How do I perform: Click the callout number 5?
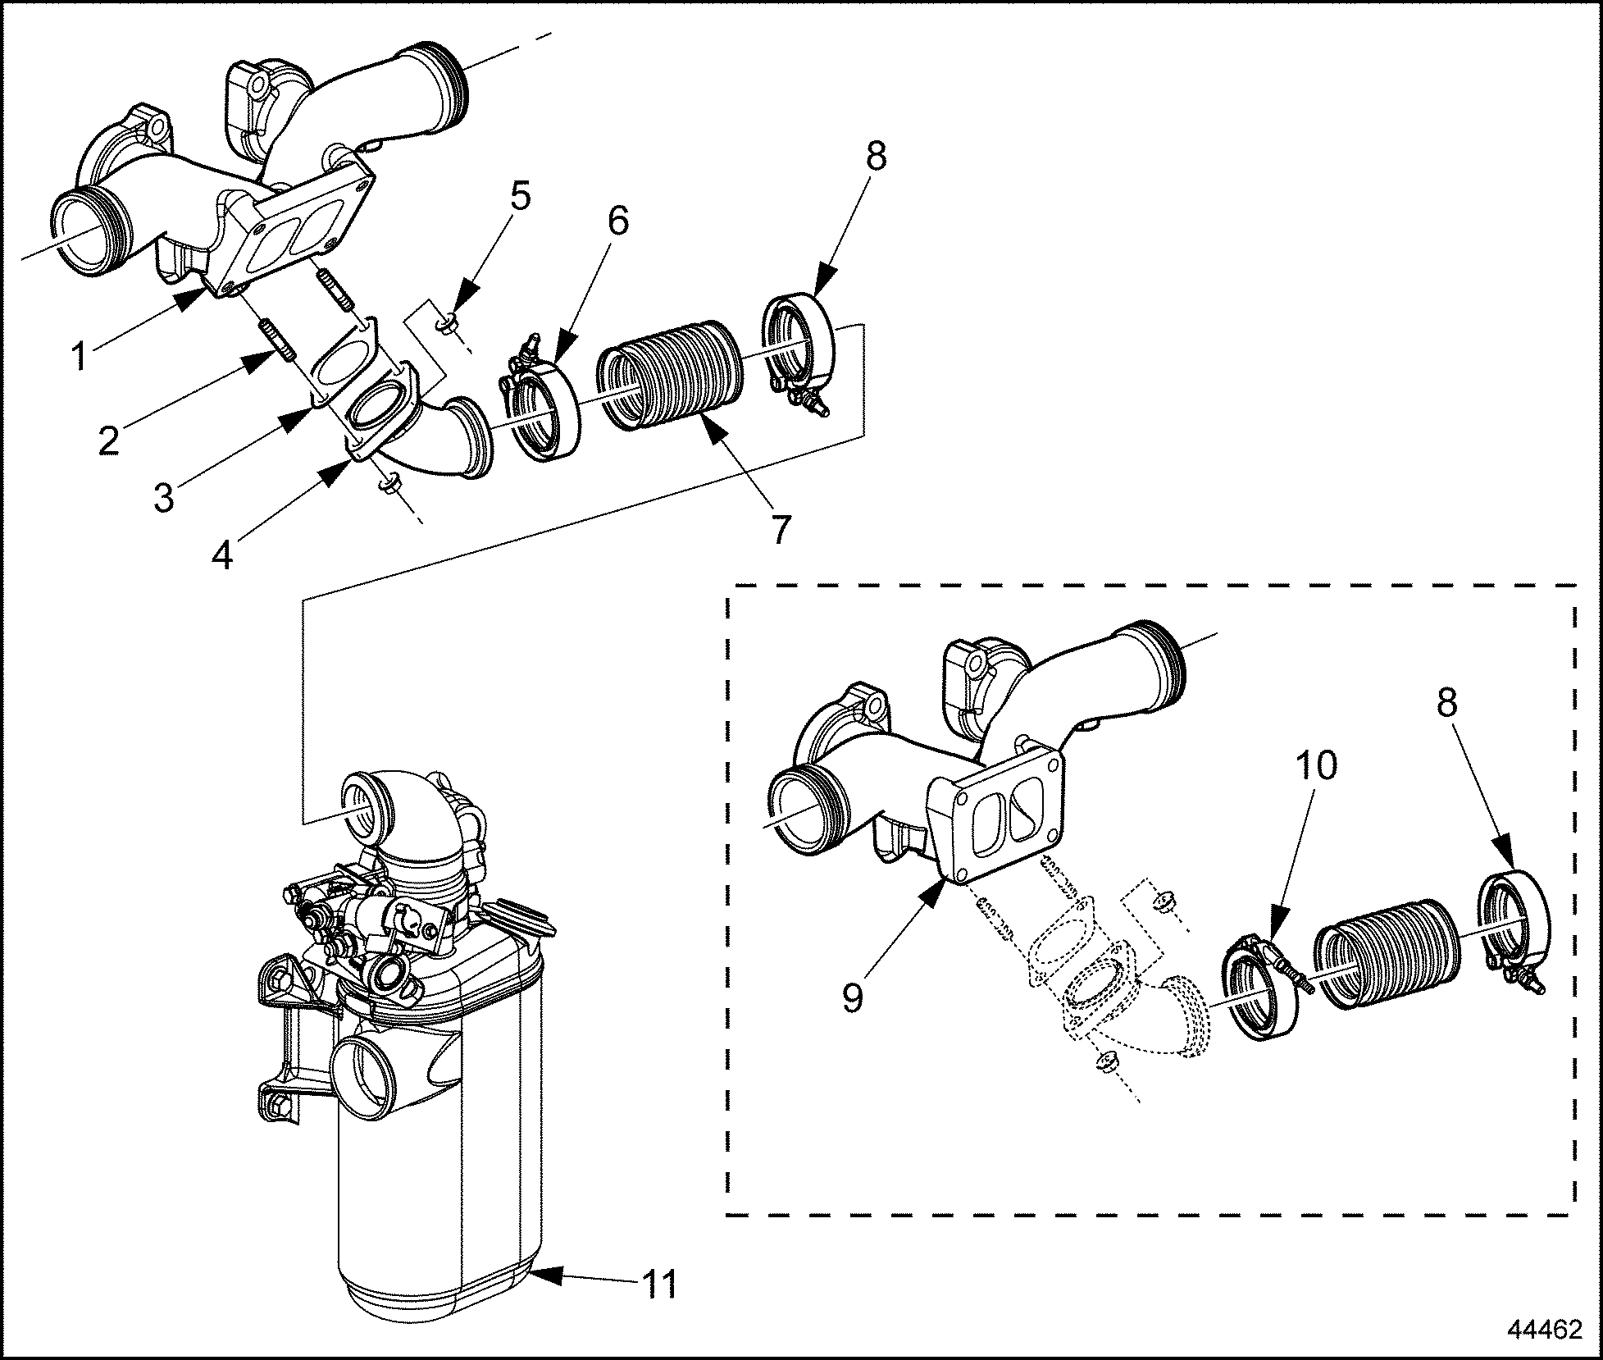pyautogui.click(x=519, y=197)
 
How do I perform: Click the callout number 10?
pyautogui.click(x=1316, y=764)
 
